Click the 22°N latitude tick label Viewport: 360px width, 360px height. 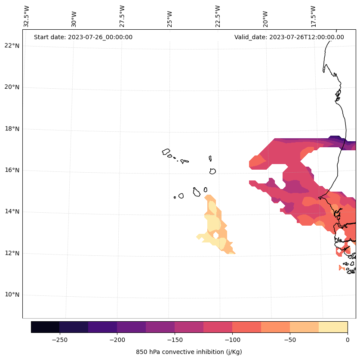click(12, 46)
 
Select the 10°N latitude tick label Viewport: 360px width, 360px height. click(12, 295)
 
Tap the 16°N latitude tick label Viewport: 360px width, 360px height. click(12, 170)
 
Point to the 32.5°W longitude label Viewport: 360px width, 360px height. click(27, 16)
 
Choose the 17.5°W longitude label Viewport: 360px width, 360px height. click(314, 16)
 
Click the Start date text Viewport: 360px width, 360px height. click(83, 37)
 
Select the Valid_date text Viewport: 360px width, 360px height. click(289, 37)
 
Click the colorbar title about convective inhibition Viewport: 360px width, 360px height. click(189, 352)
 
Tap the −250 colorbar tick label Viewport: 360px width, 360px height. click(59, 340)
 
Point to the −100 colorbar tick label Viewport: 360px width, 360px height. click(232, 340)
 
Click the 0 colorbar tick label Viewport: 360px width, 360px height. click(347, 340)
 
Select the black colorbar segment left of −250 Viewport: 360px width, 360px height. click(45, 327)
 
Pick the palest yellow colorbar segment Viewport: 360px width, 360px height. click(333, 327)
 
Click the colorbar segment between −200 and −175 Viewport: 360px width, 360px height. click(131, 327)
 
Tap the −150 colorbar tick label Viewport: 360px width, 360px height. click(175, 340)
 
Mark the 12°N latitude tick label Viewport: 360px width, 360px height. click(12, 253)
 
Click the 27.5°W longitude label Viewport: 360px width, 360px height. click(122, 16)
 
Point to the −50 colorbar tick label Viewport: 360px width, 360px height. click(290, 340)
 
